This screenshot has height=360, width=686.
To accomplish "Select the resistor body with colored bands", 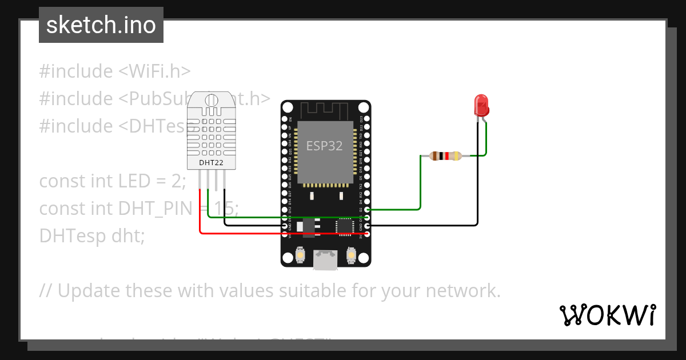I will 445,155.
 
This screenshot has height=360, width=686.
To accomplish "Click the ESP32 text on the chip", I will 324,146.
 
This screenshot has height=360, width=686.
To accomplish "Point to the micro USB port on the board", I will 325,260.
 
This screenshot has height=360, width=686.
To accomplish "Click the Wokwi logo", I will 607,315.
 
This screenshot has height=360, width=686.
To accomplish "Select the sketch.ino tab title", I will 101,25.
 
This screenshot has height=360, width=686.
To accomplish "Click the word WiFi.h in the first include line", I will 154,71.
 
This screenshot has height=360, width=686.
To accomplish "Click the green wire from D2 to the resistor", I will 421,183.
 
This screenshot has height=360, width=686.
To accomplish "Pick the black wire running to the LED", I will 478,189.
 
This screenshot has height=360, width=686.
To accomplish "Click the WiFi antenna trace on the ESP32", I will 325,109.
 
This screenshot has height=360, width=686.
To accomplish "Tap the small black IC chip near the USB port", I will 345,226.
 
